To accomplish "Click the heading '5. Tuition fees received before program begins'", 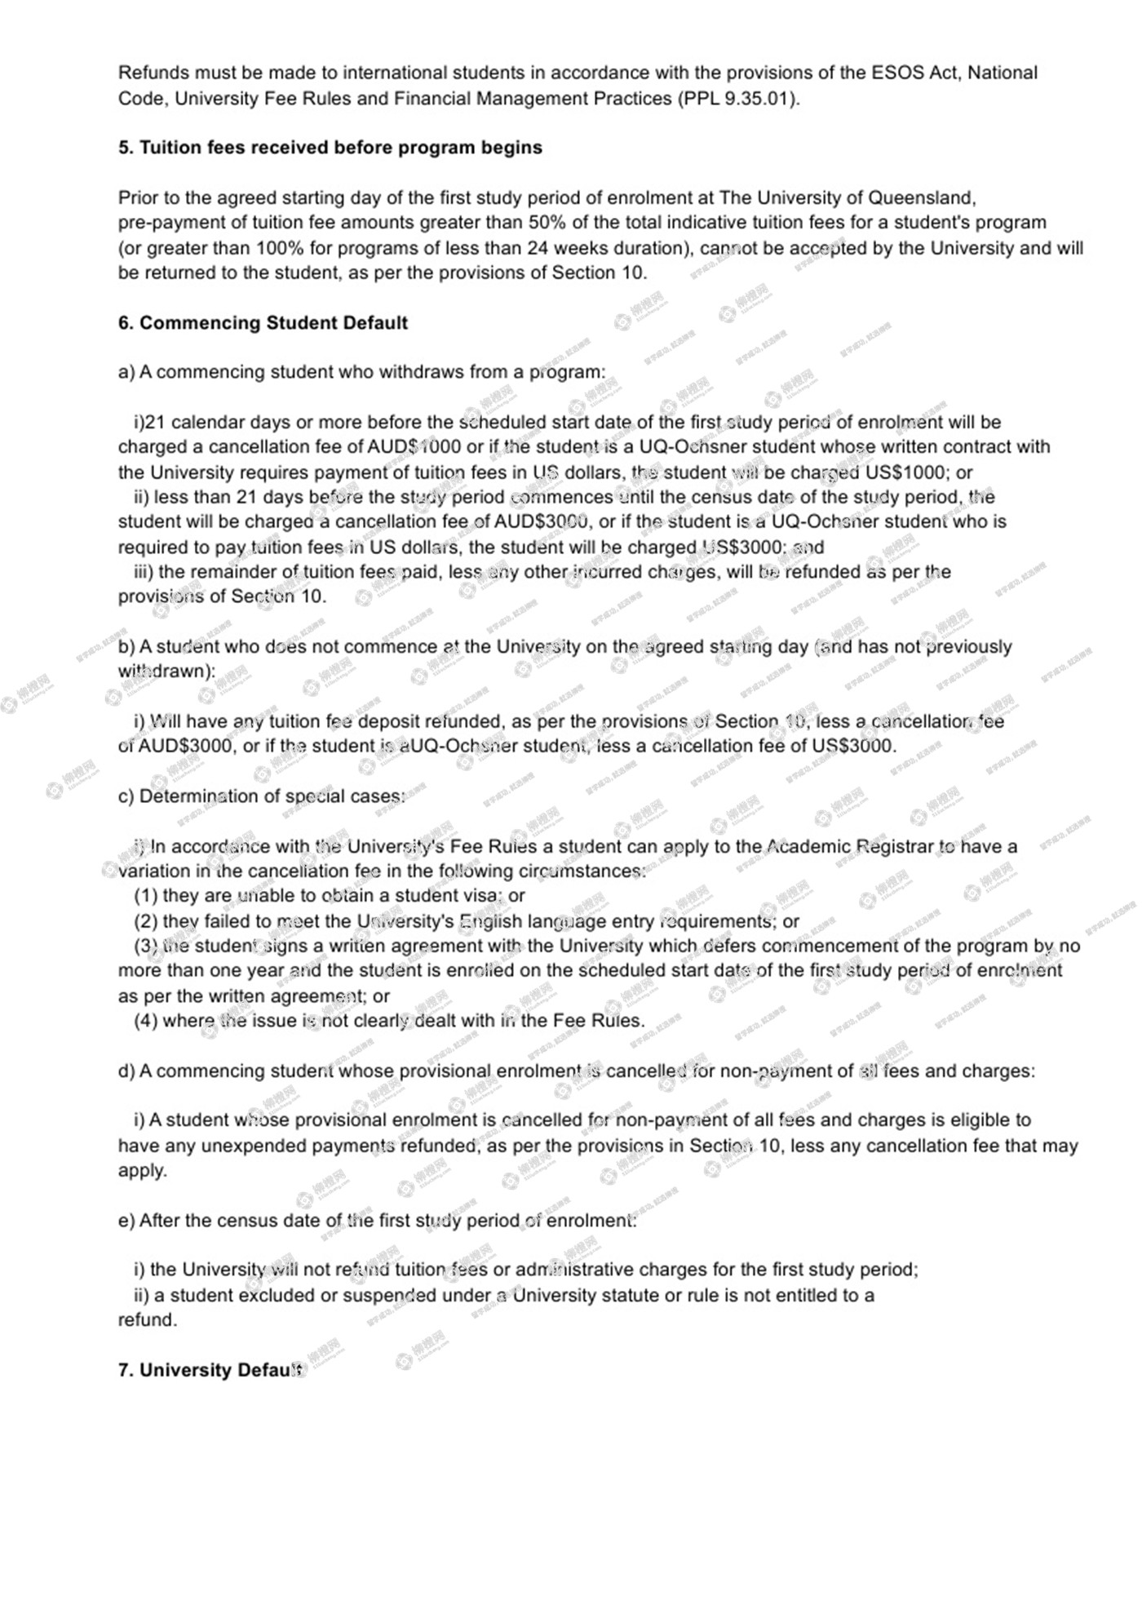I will [330, 148].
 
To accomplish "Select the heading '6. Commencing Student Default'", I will [263, 323].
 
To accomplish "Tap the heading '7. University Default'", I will [210, 1370].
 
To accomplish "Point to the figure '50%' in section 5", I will [547, 223].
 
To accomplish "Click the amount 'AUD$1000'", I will [414, 447].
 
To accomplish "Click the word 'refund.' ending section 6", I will [148, 1320].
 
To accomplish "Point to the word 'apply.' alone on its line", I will [143, 1170].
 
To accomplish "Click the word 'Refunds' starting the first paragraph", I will [153, 73].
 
